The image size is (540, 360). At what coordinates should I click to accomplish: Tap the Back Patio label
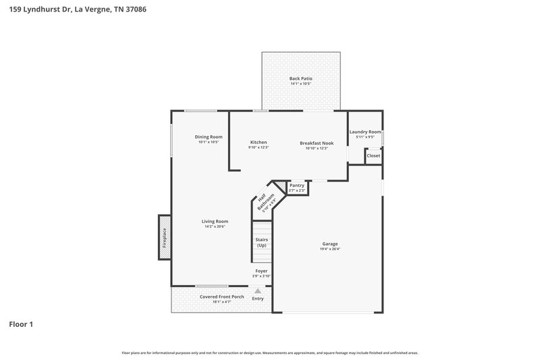pyautogui.click(x=300, y=79)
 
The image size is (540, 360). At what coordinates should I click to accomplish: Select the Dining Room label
pyautogui.click(x=209, y=137)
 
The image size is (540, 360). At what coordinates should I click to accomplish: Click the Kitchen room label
pyautogui.click(x=259, y=142)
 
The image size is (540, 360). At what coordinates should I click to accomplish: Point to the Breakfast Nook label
pyautogui.click(x=317, y=143)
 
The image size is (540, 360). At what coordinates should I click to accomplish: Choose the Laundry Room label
pyautogui.click(x=365, y=132)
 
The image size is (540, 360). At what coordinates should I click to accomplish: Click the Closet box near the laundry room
pyautogui.click(x=373, y=156)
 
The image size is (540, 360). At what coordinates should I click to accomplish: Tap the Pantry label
pyautogui.click(x=297, y=185)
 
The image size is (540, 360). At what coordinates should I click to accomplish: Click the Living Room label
pyautogui.click(x=215, y=221)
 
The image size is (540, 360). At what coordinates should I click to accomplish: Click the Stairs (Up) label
pyautogui.click(x=261, y=242)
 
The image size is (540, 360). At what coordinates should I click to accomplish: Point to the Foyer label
pyautogui.click(x=262, y=271)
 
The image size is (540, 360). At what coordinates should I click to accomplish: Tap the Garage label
pyautogui.click(x=329, y=243)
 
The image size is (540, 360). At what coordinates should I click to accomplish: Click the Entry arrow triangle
pyautogui.click(x=257, y=291)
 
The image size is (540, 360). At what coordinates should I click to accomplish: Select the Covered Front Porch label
pyautogui.click(x=222, y=297)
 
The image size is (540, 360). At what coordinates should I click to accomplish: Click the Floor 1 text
pyautogui.click(x=21, y=325)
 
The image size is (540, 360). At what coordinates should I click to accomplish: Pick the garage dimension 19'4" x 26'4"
pyautogui.click(x=329, y=249)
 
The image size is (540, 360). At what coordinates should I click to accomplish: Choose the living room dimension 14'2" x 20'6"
pyautogui.click(x=215, y=226)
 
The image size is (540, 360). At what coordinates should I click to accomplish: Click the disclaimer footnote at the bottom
pyautogui.click(x=270, y=353)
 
